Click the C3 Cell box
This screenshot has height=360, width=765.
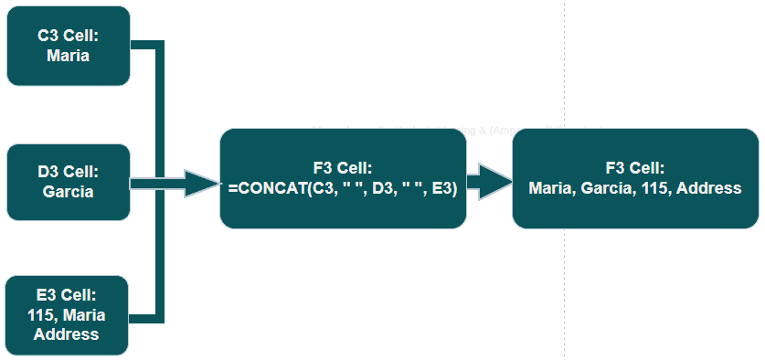point(69,46)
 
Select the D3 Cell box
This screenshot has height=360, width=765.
point(69,181)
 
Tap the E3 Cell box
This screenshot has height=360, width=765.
point(69,314)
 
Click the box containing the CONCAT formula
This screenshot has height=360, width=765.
point(343,179)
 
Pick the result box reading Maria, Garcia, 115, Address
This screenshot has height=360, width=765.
point(634,179)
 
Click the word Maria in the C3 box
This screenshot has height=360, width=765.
point(69,55)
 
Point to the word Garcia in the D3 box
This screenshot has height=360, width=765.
point(69,191)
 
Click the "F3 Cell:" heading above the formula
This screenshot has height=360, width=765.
point(342,168)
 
